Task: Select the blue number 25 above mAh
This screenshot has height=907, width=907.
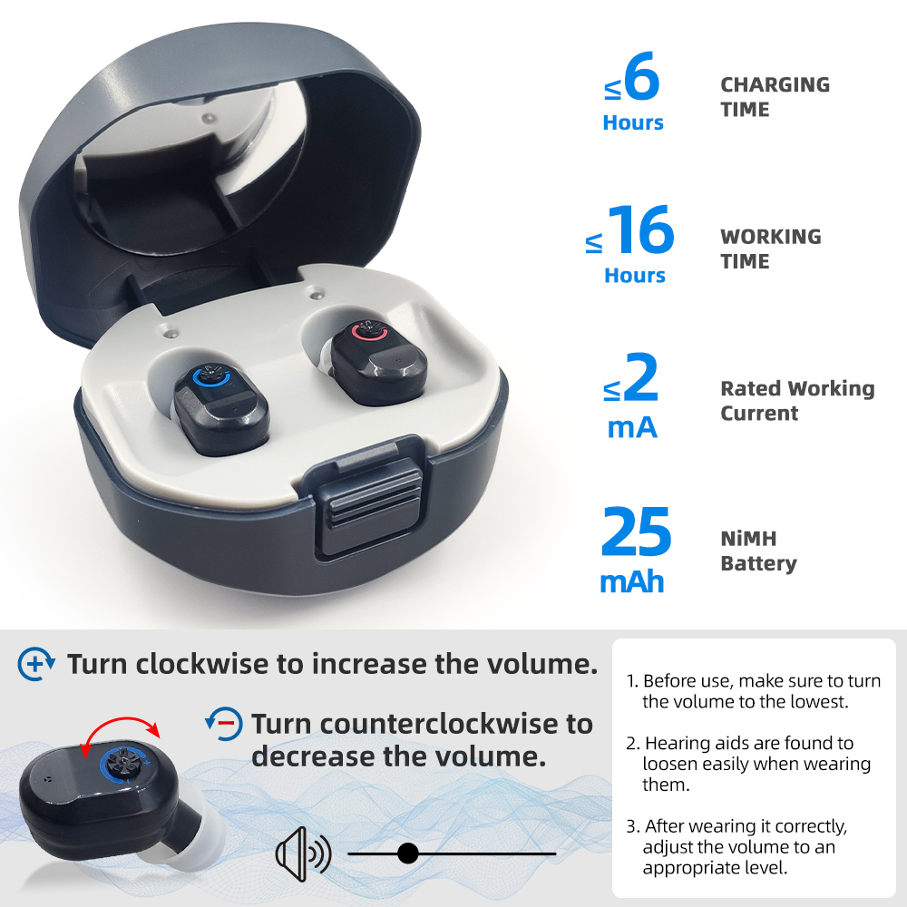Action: [x=636, y=534]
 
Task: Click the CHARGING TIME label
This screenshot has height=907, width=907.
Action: [x=775, y=97]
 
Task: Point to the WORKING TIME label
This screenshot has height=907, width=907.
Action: [x=770, y=249]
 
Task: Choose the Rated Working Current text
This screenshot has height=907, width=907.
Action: [x=797, y=401]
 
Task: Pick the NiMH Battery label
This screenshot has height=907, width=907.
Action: [x=758, y=551]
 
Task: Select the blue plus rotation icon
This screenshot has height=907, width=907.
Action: [x=36, y=665]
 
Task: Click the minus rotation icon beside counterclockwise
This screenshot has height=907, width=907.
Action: [x=224, y=723]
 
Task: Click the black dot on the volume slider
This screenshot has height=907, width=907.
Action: [x=407, y=853]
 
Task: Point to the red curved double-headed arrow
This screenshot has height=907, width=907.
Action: [x=119, y=727]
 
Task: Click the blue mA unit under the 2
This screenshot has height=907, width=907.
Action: [x=632, y=426]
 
